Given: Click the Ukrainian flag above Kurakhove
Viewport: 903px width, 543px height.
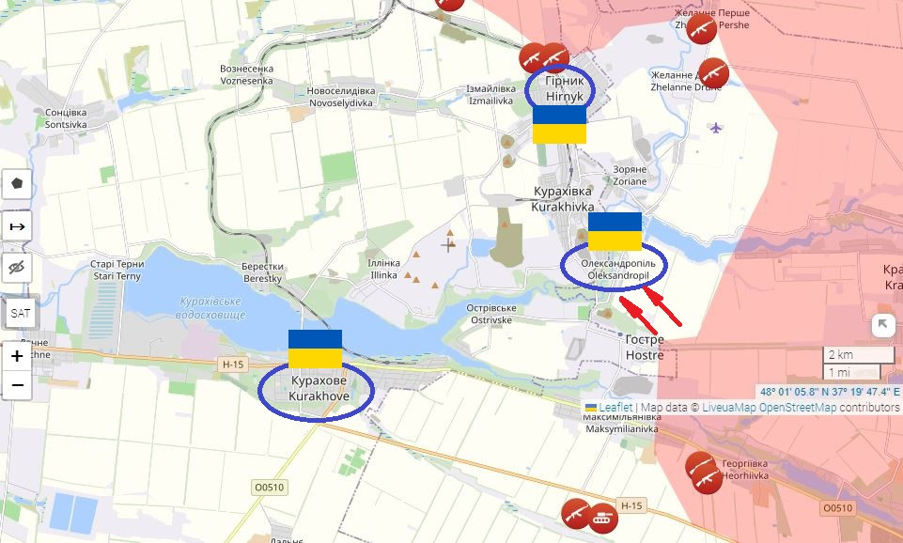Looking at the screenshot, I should click(x=315, y=349).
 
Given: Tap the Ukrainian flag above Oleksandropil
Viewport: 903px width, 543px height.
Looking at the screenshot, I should click(x=615, y=231).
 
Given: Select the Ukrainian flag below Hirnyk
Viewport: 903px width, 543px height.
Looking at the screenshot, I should click(x=559, y=124).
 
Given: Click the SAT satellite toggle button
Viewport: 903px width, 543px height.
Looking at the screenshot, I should click(x=18, y=313).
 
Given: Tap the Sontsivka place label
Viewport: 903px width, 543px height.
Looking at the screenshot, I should click(x=66, y=118).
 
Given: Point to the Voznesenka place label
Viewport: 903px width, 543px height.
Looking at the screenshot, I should click(x=246, y=74).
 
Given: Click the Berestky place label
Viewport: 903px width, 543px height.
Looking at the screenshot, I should click(x=262, y=272).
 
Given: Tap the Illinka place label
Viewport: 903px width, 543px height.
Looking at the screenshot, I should click(x=384, y=269).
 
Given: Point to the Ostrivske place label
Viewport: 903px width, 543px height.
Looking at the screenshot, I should click(x=491, y=314).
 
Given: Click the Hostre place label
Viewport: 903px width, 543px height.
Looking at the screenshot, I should click(x=645, y=347).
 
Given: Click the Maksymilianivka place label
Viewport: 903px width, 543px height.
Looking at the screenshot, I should click(x=621, y=424).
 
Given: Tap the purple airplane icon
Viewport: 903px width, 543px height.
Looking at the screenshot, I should click(x=716, y=127).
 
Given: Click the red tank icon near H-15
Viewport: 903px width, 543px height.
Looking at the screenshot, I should click(x=600, y=516).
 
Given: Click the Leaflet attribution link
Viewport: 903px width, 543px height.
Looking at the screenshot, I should click(x=615, y=408).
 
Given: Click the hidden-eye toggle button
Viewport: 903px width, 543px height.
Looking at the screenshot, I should click(x=18, y=269).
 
